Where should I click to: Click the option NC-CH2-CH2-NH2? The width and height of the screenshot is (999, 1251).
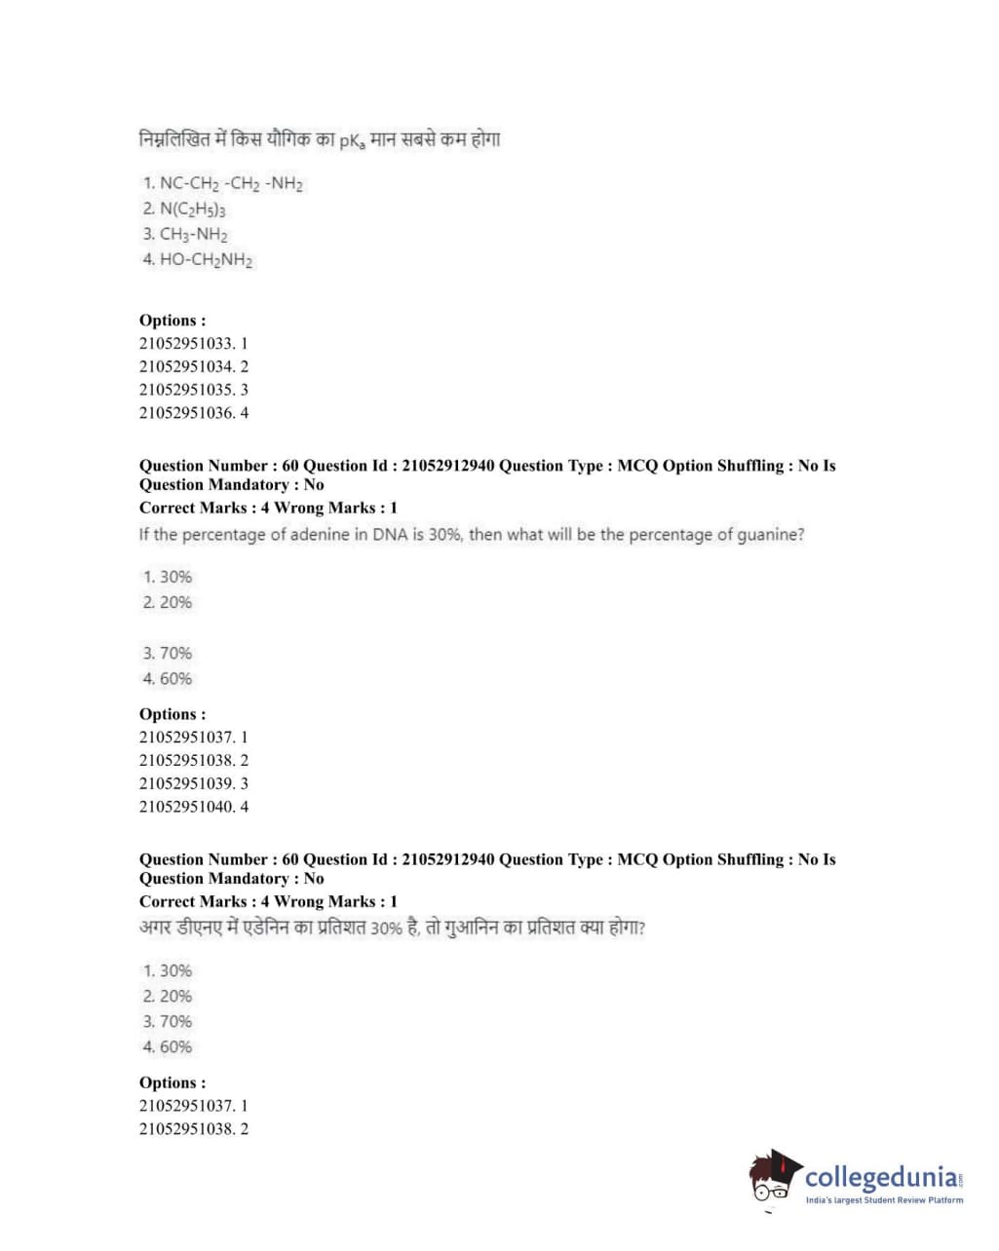click(x=223, y=183)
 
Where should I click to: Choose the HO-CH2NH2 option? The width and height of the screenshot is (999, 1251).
click(x=198, y=259)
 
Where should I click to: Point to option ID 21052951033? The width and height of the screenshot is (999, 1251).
click(x=193, y=343)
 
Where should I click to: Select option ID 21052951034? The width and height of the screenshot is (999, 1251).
click(x=193, y=366)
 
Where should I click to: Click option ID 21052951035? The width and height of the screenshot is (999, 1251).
click(x=193, y=389)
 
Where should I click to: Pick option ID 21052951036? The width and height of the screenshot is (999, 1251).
click(x=193, y=412)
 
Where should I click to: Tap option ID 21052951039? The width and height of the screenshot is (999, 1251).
click(x=193, y=782)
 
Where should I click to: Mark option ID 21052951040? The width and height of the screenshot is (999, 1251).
click(x=193, y=806)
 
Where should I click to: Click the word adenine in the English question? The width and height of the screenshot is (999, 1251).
click(x=314, y=534)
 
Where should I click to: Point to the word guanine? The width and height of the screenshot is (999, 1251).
click(x=769, y=535)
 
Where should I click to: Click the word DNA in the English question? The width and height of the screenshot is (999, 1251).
click(x=389, y=534)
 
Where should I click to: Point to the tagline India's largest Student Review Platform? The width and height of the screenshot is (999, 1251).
click(x=884, y=1200)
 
